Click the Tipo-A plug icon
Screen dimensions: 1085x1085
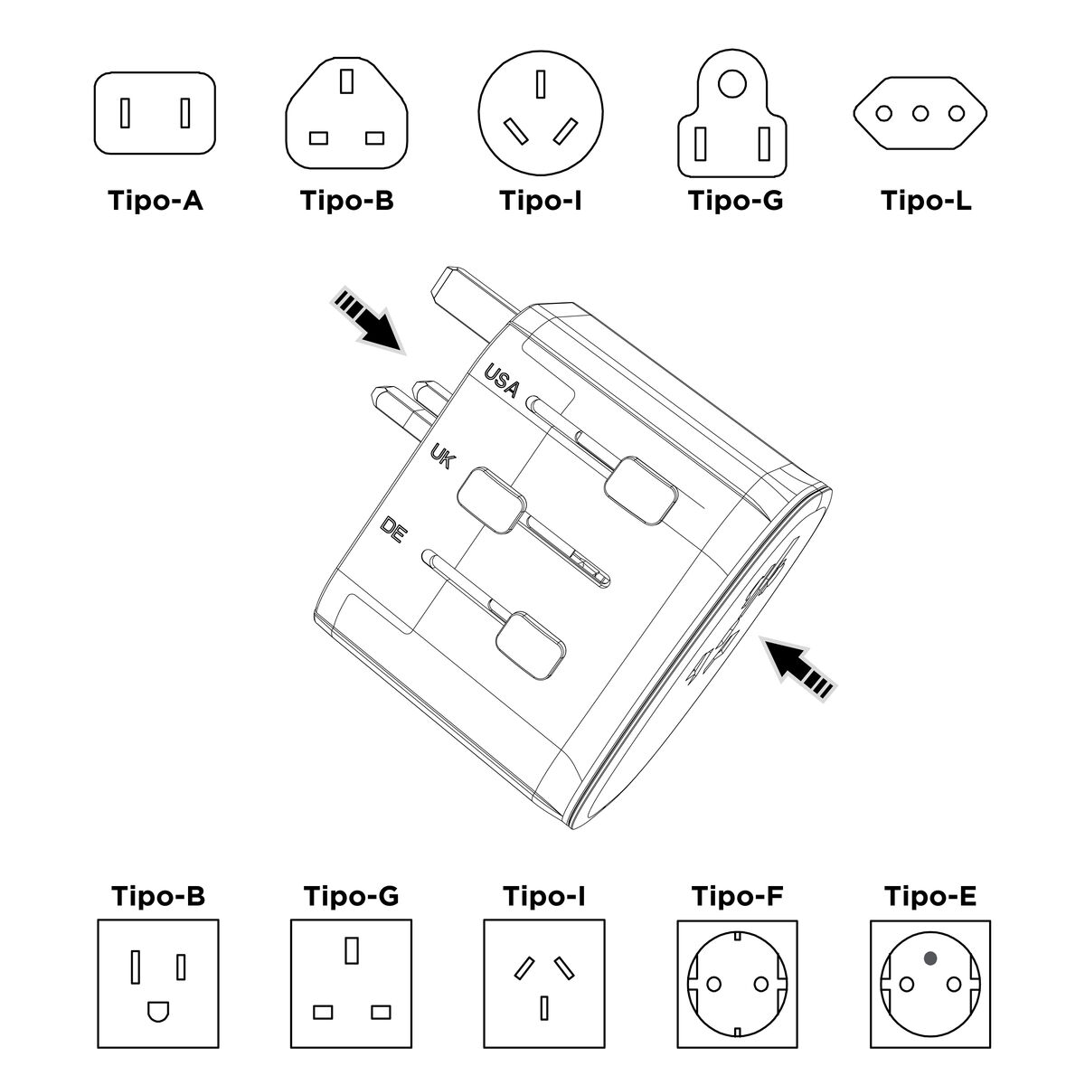[x=156, y=113]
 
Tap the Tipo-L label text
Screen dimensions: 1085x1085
[x=926, y=200]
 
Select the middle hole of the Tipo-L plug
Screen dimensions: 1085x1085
[x=920, y=114]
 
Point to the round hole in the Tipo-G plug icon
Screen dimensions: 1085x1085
[x=730, y=85]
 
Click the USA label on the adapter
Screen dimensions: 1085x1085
[x=501, y=381]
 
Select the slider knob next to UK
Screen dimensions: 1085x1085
[x=491, y=498]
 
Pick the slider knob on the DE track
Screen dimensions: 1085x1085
[x=530, y=644]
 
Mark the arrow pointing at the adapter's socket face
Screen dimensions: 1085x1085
[x=796, y=667]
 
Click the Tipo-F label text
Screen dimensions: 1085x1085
[x=737, y=897]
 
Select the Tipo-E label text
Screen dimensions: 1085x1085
[x=929, y=897]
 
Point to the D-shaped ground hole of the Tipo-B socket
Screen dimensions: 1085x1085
[x=158, y=1010]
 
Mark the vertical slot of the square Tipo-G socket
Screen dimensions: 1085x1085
[x=351, y=950]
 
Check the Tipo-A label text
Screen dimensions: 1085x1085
[x=156, y=200]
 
